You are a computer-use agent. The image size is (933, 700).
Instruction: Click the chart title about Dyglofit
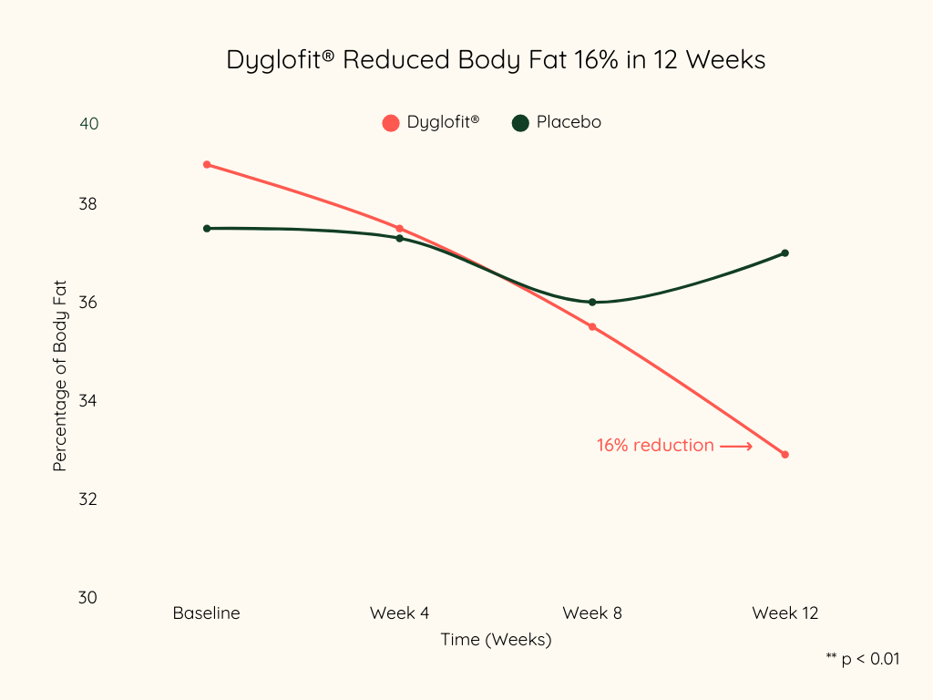(496, 60)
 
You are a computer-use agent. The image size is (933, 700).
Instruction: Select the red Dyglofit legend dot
(391, 123)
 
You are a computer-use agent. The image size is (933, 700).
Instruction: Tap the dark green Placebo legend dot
(520, 123)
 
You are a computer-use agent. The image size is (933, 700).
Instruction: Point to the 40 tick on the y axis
(89, 124)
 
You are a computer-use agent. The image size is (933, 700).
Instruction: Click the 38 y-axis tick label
(89, 204)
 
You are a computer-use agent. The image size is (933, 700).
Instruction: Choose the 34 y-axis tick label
(89, 401)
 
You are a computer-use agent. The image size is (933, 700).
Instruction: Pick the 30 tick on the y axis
(89, 598)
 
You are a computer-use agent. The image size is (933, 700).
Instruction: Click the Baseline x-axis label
(207, 613)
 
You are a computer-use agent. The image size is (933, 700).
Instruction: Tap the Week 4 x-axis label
(399, 613)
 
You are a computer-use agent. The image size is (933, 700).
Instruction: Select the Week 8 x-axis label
(592, 613)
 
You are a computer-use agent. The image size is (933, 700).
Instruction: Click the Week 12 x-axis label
(785, 613)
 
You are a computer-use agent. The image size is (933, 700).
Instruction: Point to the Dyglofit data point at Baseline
(207, 165)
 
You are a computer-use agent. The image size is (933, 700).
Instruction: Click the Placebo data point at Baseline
(207, 229)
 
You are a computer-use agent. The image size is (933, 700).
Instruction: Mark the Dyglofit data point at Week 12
(784, 454)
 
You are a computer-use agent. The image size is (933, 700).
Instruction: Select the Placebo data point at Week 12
(784, 253)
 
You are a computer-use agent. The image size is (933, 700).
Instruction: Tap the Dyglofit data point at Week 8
(592, 326)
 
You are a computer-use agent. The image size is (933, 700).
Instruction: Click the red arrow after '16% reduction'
(736, 447)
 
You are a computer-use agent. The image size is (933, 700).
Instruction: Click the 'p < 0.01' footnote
(862, 658)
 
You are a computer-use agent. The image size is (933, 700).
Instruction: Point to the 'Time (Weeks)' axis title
(497, 640)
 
